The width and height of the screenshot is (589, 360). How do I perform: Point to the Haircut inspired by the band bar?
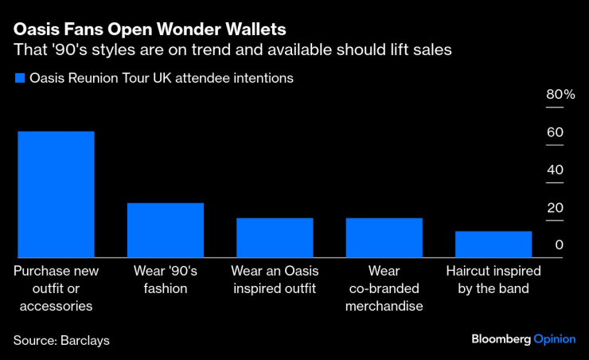[x=493, y=244]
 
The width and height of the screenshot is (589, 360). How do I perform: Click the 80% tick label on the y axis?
[x=560, y=95]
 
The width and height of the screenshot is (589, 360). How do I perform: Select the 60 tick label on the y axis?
[x=554, y=132]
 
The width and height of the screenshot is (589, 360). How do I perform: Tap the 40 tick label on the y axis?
[x=554, y=170]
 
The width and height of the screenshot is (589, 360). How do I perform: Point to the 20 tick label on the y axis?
[x=554, y=207]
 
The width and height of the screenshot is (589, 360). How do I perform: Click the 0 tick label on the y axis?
[x=560, y=245]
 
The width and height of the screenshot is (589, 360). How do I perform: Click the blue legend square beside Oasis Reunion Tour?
[x=18, y=78]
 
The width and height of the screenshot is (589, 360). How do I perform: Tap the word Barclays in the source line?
[x=84, y=340]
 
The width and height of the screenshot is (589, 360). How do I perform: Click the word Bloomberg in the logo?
[x=501, y=338]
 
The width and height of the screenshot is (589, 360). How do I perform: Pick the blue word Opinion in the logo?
[x=554, y=338]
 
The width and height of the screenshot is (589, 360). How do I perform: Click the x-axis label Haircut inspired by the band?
[x=493, y=279]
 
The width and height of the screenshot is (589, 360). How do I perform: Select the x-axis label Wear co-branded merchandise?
[x=384, y=288]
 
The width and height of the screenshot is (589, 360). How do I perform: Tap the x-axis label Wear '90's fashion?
[x=166, y=279]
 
